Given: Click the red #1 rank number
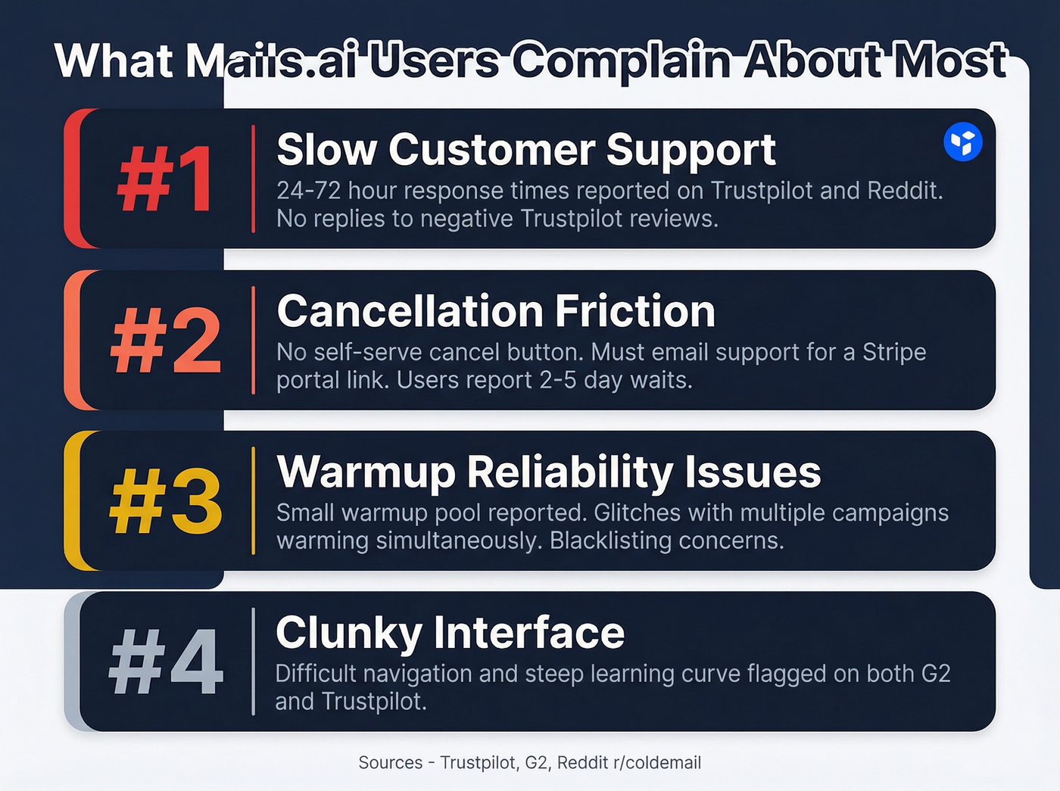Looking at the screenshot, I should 165,179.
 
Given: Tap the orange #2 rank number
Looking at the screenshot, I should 166,341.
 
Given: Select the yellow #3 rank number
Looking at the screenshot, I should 166,501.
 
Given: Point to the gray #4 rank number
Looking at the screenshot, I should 166,662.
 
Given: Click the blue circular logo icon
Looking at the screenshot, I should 963,142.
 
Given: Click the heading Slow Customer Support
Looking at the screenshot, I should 525,150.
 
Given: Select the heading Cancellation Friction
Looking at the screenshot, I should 496,311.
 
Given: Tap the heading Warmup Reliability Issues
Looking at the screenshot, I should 548,472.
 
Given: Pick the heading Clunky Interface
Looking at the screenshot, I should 450,633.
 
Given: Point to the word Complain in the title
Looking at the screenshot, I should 621,61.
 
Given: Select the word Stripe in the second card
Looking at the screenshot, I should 894,352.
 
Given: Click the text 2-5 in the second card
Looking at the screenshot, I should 558,380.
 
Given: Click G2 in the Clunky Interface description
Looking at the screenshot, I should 935,674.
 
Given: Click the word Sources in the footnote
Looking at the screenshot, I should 390,762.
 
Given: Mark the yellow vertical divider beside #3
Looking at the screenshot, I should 254,501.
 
